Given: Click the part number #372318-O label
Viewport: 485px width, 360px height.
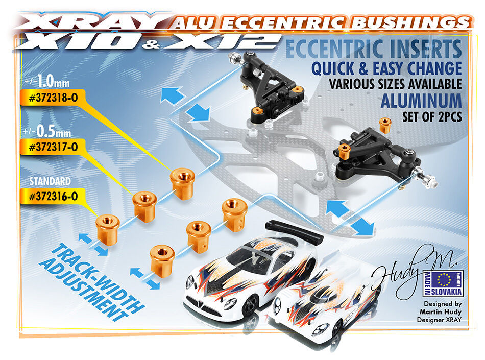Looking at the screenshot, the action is [x=53, y=98].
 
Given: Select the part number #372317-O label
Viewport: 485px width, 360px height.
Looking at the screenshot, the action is [x=53, y=147].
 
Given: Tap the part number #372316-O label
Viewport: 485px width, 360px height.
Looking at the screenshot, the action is [x=53, y=197].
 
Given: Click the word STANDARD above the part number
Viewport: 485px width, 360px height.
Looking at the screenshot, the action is [x=50, y=181].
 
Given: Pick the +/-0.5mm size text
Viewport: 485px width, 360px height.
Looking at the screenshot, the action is [x=47, y=131].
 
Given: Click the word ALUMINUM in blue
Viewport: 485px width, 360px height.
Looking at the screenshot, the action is [x=421, y=101].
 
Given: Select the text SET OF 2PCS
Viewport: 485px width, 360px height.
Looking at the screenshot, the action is [x=432, y=116].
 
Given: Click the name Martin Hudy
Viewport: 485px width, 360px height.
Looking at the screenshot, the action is [x=441, y=312].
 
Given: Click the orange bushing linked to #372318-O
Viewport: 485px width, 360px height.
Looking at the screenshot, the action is [x=182, y=184].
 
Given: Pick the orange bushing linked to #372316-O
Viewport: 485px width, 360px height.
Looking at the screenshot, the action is [x=107, y=229].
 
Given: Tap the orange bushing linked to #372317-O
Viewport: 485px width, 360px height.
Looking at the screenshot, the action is [x=144, y=207].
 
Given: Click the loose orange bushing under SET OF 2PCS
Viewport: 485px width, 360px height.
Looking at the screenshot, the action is [x=384, y=125].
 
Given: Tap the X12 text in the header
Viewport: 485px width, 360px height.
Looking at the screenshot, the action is [x=221, y=42].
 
